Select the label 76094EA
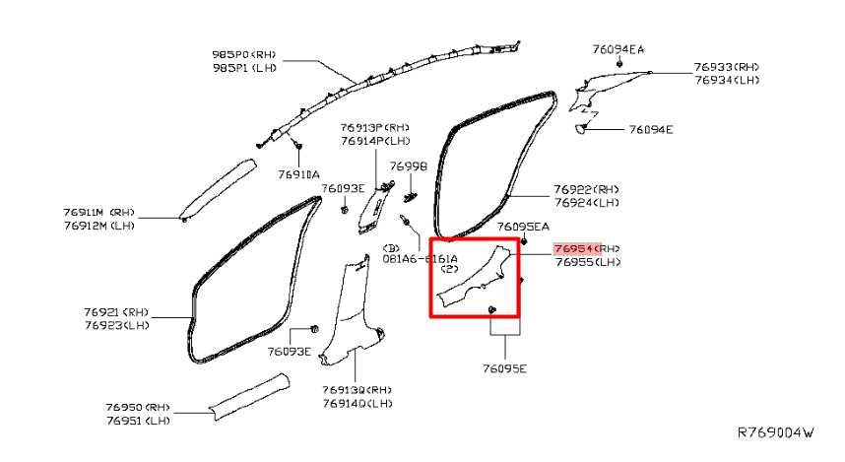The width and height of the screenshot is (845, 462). pos(618,48)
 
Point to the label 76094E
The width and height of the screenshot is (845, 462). pos(650,129)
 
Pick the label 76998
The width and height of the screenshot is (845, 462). pos(408,166)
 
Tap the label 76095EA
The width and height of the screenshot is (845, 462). pos(522,227)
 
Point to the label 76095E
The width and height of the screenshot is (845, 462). pos(504,368)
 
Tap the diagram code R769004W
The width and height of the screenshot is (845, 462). pos(777,432)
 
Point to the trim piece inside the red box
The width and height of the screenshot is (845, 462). pos(475,278)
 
